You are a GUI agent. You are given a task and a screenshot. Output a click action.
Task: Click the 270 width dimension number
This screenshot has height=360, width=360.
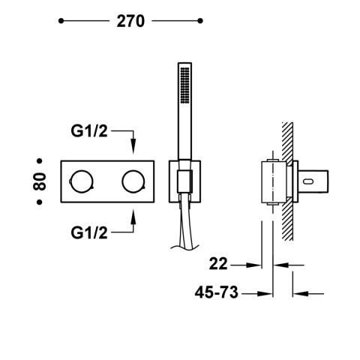(130, 22)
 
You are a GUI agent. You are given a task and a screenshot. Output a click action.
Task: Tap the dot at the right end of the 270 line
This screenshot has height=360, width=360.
(200, 22)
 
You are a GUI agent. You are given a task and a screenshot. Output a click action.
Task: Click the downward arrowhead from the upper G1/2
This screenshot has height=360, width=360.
(133, 150)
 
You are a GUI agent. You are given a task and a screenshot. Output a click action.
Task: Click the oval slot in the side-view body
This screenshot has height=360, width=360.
(308, 181)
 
